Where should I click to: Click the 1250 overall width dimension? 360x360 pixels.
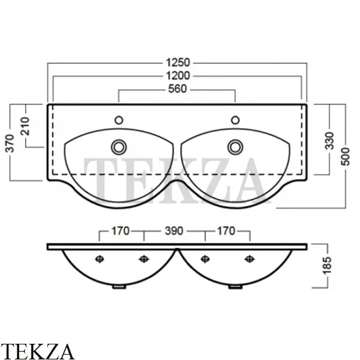(178, 62)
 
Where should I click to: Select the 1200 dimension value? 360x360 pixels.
(178, 76)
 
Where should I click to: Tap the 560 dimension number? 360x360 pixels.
(178, 89)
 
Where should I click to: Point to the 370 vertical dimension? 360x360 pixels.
(10, 143)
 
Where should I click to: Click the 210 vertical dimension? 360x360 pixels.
(25, 126)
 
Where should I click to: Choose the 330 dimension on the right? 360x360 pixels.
(329, 140)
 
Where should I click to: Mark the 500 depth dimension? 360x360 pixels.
(345, 157)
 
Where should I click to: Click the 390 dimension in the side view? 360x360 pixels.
(174, 231)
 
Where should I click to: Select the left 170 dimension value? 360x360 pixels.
(121, 231)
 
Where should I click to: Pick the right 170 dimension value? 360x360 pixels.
(226, 231)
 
